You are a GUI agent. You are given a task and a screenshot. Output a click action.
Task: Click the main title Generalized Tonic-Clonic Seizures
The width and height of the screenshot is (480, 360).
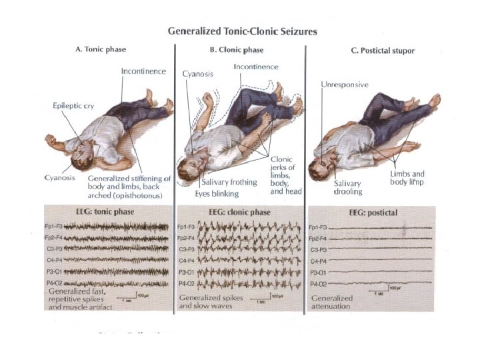tap(241, 31)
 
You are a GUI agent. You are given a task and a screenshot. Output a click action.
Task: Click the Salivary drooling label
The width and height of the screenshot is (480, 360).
tap(347, 187)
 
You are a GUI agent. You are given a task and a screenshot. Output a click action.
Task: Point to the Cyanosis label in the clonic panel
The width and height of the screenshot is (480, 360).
tap(197, 73)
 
